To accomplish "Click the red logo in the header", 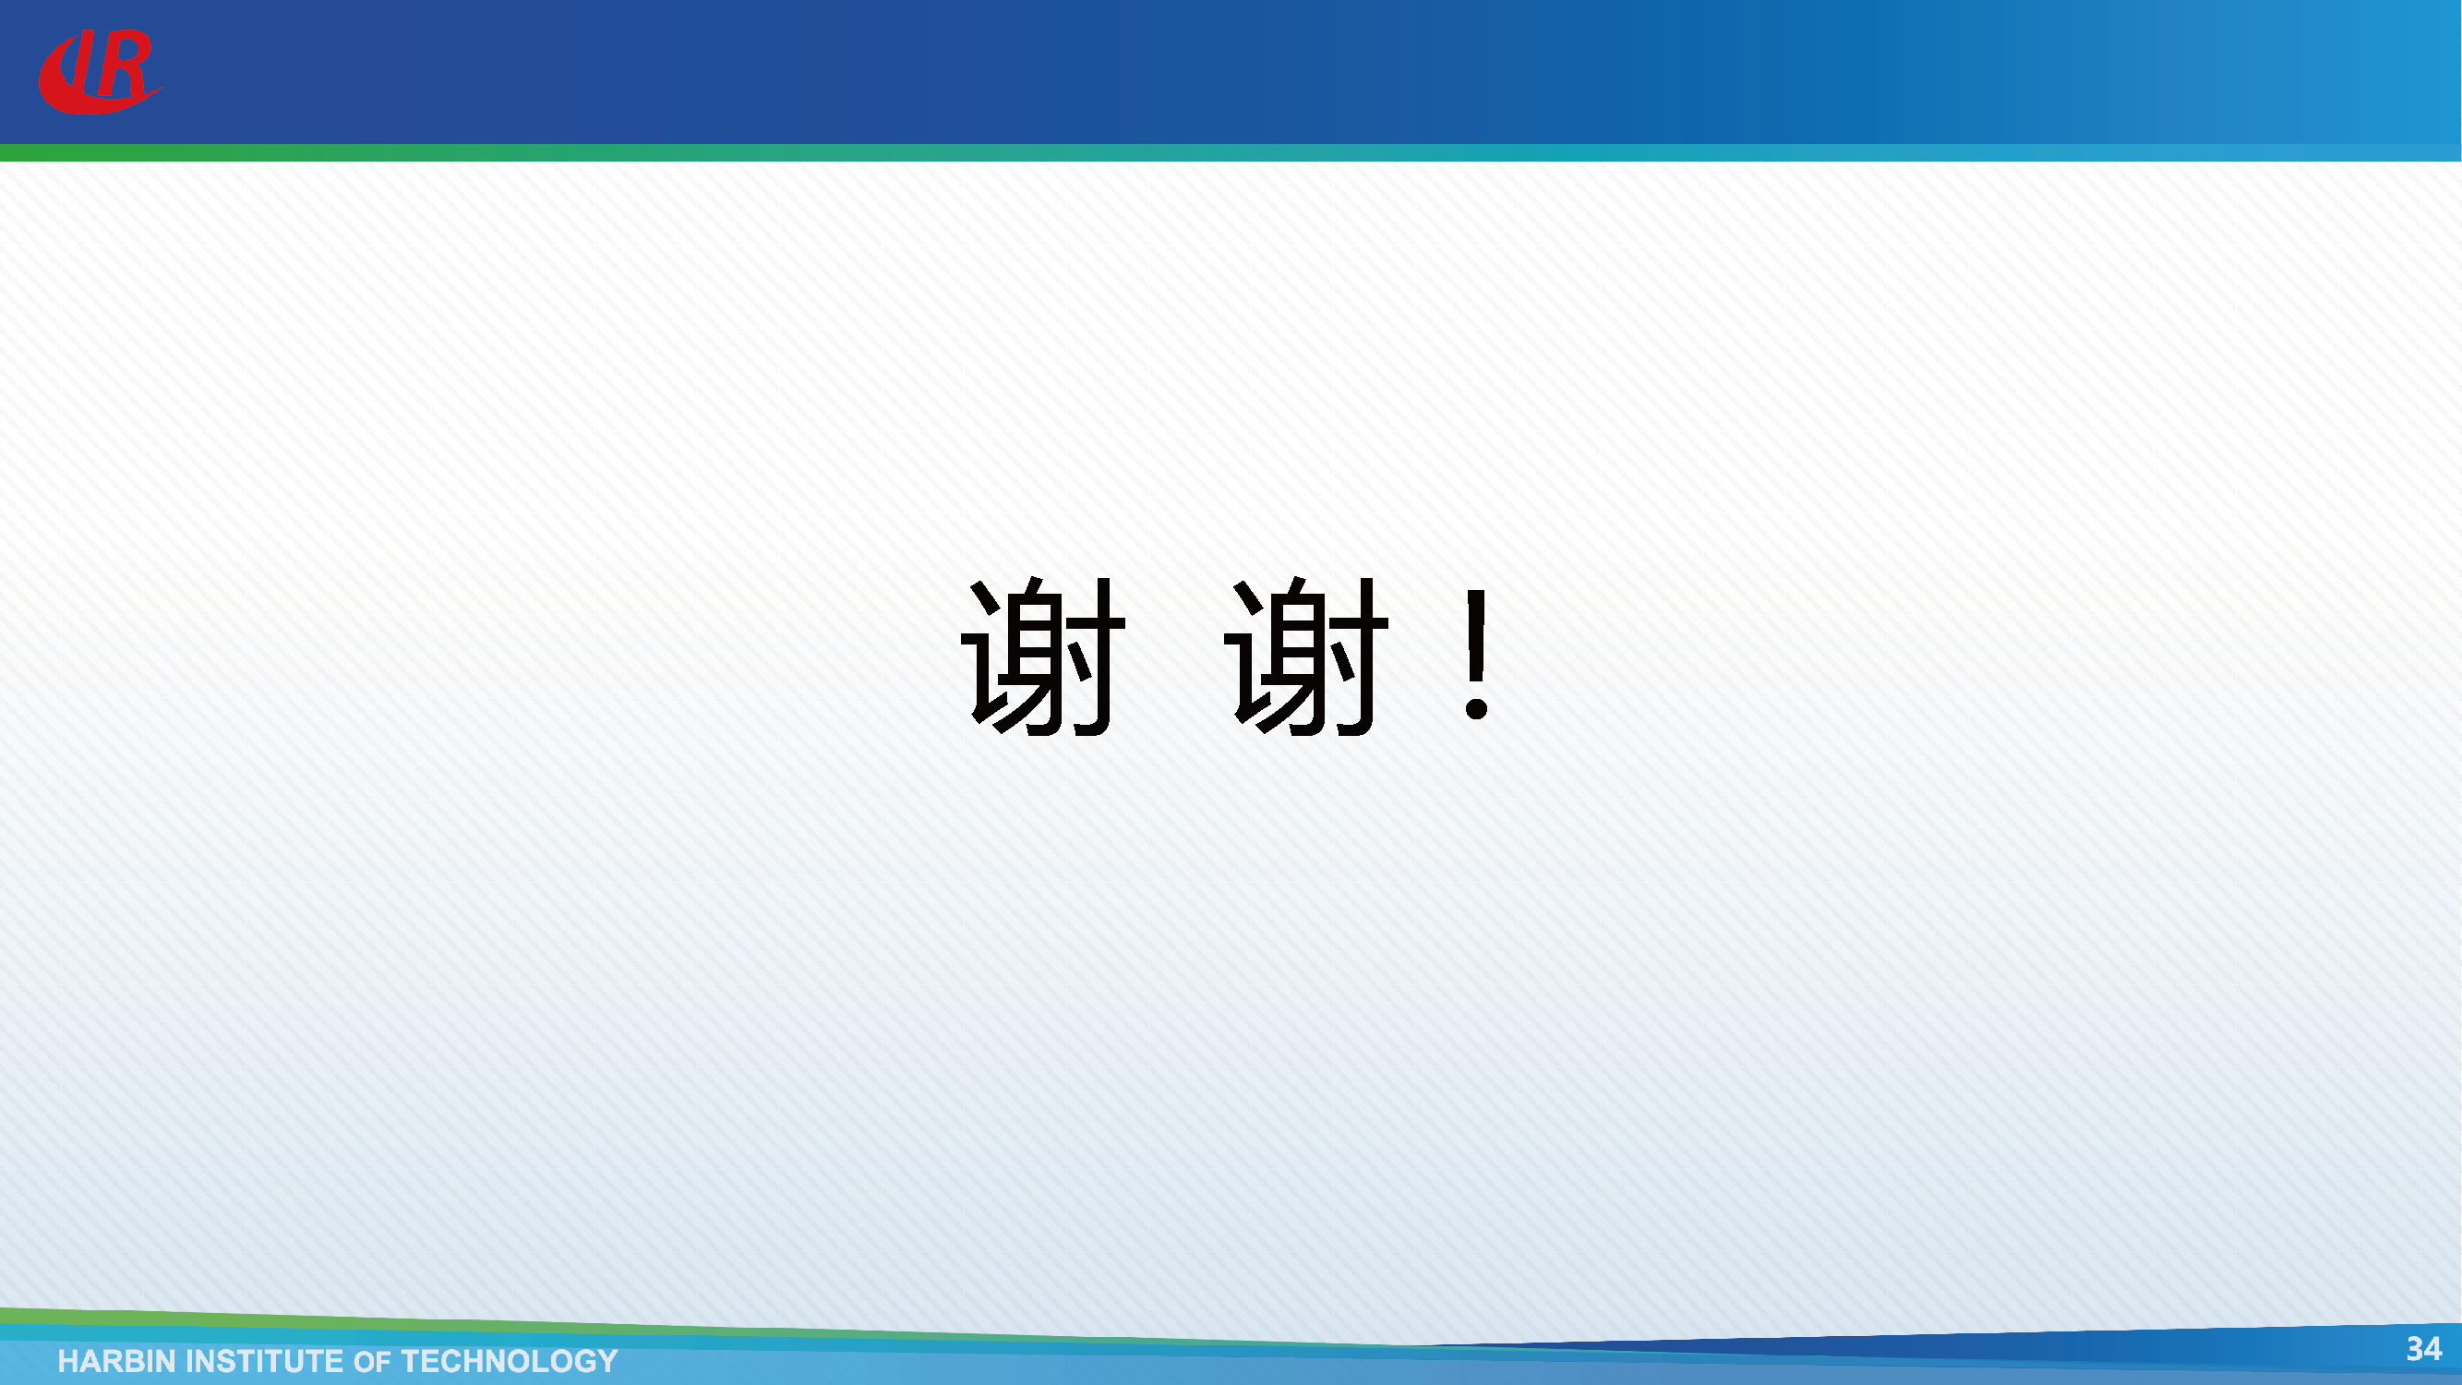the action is point(100,72).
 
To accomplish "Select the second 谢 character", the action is point(1306,656).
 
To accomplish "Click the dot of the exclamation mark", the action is point(1477,708).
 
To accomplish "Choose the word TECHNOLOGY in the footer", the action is point(510,1361).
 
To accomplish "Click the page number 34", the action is point(2423,1349).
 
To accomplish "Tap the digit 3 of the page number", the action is point(2414,1349).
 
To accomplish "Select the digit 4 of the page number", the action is point(2432,1349).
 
